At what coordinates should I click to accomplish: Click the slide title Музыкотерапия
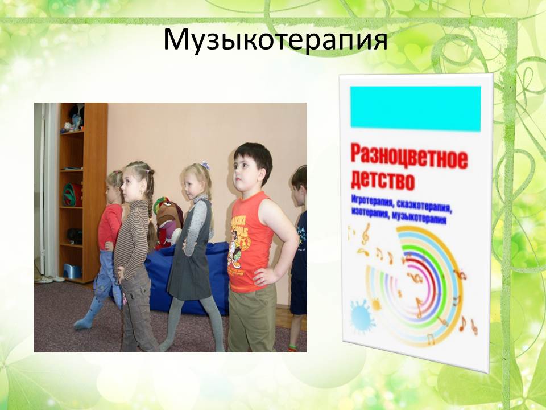point(275,40)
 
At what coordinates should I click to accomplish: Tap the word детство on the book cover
point(383,181)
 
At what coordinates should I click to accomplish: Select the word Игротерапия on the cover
point(372,201)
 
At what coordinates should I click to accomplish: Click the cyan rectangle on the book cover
point(415,108)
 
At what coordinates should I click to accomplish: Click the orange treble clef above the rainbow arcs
point(365,233)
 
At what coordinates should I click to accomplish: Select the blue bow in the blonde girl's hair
point(205,165)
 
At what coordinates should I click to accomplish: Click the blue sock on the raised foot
point(87,315)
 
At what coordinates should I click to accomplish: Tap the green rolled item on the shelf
point(72,195)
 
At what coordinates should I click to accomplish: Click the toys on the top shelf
point(73,118)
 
